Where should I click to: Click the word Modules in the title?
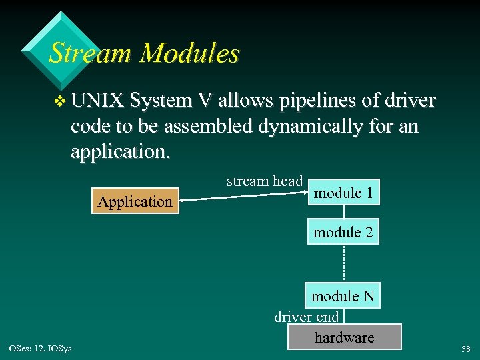click(x=189, y=53)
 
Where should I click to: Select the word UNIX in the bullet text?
click(x=98, y=101)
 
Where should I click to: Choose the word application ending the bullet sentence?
click(x=119, y=153)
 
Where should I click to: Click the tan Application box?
click(x=135, y=201)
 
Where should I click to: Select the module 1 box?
click(x=343, y=193)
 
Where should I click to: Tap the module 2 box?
click(x=343, y=231)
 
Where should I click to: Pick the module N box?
click(x=343, y=295)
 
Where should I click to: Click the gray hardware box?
click(x=344, y=337)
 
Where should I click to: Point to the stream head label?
click(x=265, y=181)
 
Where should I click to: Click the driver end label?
click(x=307, y=316)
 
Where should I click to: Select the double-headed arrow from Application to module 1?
click(x=243, y=197)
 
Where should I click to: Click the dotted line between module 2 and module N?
click(x=344, y=263)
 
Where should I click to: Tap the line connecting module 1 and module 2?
click(x=344, y=212)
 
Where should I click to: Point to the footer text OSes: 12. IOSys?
click(x=41, y=347)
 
